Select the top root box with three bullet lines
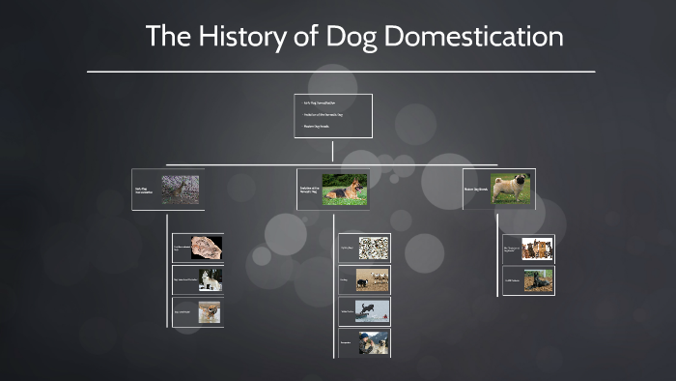coord(332,116)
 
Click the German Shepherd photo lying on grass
coord(345,189)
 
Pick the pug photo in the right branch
coord(511,189)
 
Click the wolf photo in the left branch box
coord(181,189)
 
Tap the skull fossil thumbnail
coord(207,249)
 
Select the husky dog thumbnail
coord(210,279)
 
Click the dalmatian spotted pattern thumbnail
coord(374,248)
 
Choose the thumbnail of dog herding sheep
coord(374,279)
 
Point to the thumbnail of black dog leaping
coord(374,310)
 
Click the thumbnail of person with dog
coord(374,342)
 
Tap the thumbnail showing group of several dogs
coord(536,249)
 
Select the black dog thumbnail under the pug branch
coord(536,279)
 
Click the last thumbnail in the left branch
coord(210,311)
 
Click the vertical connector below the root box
coord(332,151)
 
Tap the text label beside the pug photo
coord(476,190)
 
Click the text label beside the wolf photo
coord(145,190)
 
